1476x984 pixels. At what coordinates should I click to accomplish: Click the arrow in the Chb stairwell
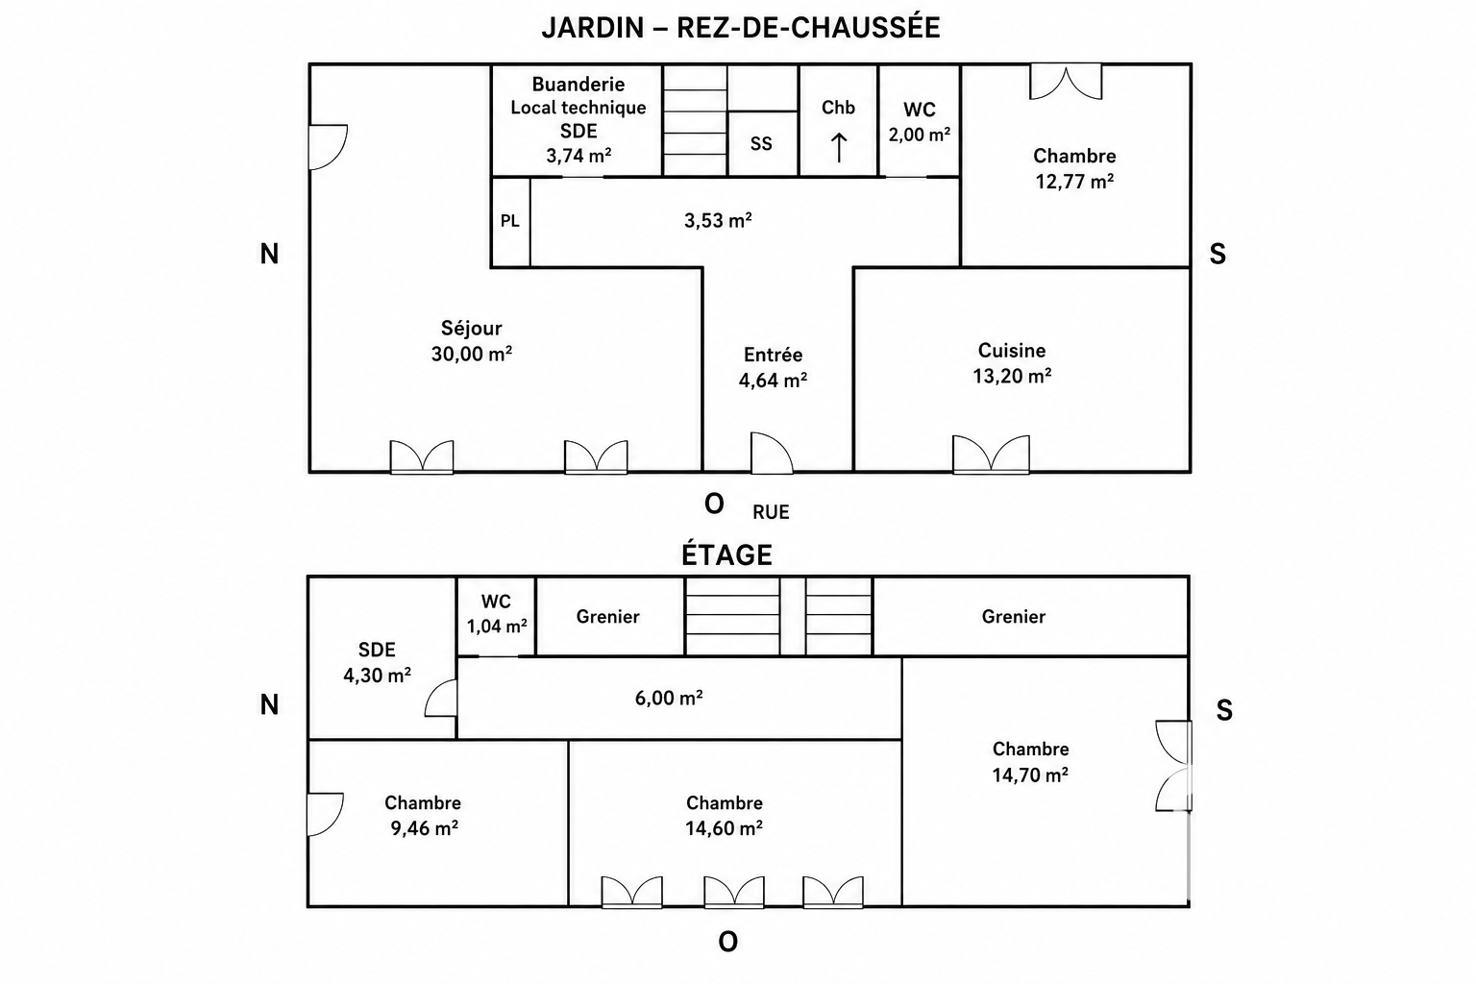[838, 147]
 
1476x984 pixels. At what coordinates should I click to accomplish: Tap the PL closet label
[510, 221]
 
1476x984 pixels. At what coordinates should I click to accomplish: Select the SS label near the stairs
[761, 144]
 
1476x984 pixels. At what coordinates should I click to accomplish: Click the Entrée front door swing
[772, 453]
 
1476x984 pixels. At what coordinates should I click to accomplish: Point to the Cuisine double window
[991, 455]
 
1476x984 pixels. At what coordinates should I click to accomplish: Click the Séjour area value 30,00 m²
[472, 354]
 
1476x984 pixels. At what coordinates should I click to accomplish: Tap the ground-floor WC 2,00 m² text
[920, 135]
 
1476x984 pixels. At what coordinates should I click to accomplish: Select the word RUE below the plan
[771, 512]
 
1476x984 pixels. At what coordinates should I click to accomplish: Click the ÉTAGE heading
[726, 554]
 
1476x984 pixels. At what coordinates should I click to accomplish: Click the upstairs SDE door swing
[441, 698]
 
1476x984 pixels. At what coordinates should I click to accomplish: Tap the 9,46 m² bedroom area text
[425, 827]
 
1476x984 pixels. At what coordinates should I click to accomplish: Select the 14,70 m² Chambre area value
[1030, 775]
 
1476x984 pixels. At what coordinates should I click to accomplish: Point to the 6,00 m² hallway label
[669, 698]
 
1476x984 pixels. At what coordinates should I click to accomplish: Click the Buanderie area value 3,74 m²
[578, 156]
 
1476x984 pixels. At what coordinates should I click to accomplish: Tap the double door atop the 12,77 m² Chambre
[1066, 82]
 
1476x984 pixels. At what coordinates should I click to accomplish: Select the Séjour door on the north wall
[328, 147]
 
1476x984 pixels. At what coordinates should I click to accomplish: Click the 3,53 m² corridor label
[718, 220]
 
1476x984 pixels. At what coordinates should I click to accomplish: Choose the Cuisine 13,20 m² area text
[1012, 376]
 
